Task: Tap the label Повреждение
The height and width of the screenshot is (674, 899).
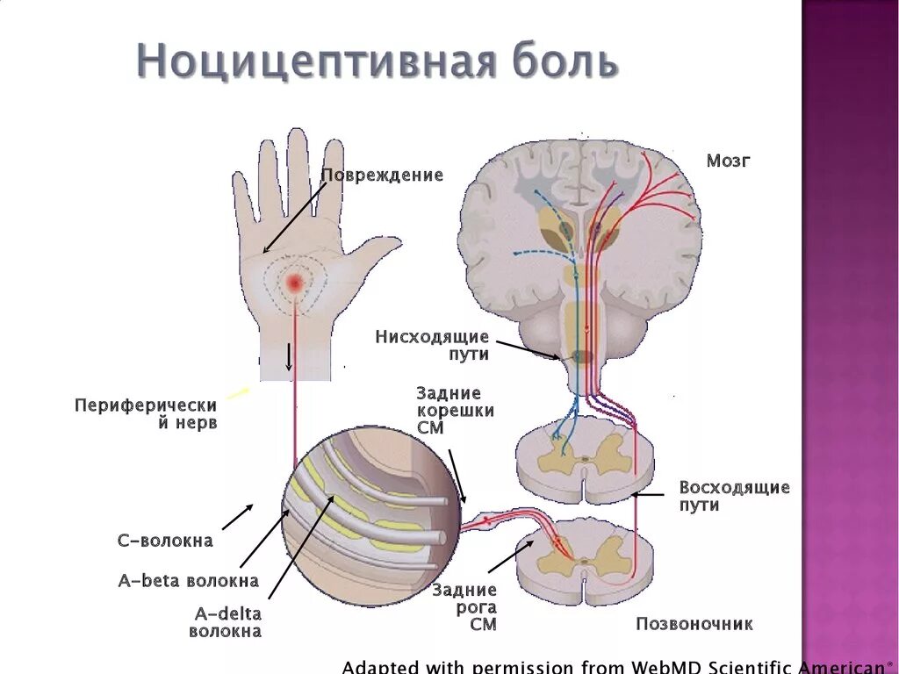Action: pyautogui.click(x=382, y=176)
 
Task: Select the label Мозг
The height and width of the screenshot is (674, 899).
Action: pyautogui.click(x=729, y=161)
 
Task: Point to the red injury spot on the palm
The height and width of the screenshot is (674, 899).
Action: pyautogui.click(x=294, y=282)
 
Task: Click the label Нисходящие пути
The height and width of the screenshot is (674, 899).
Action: pyautogui.click(x=432, y=345)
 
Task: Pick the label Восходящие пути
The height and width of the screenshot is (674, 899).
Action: pyautogui.click(x=734, y=496)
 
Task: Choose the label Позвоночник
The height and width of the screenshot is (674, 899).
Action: pyautogui.click(x=694, y=624)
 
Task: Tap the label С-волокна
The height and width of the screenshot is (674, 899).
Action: pyautogui.click(x=165, y=541)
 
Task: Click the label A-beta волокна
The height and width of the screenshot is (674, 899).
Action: pyautogui.click(x=189, y=580)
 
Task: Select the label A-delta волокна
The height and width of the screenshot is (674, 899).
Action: pyautogui.click(x=226, y=622)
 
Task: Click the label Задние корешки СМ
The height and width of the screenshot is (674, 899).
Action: pyautogui.click(x=455, y=411)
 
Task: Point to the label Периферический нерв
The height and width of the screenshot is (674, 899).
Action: pyautogui.click(x=146, y=413)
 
